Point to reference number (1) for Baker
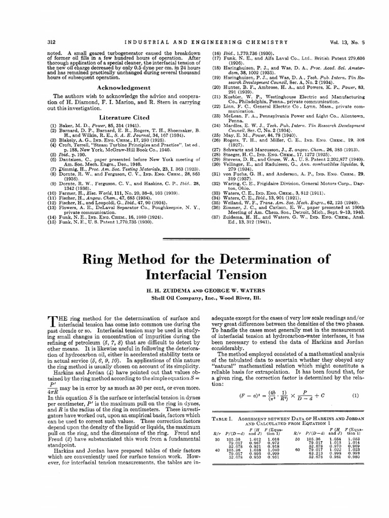point(52,124)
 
